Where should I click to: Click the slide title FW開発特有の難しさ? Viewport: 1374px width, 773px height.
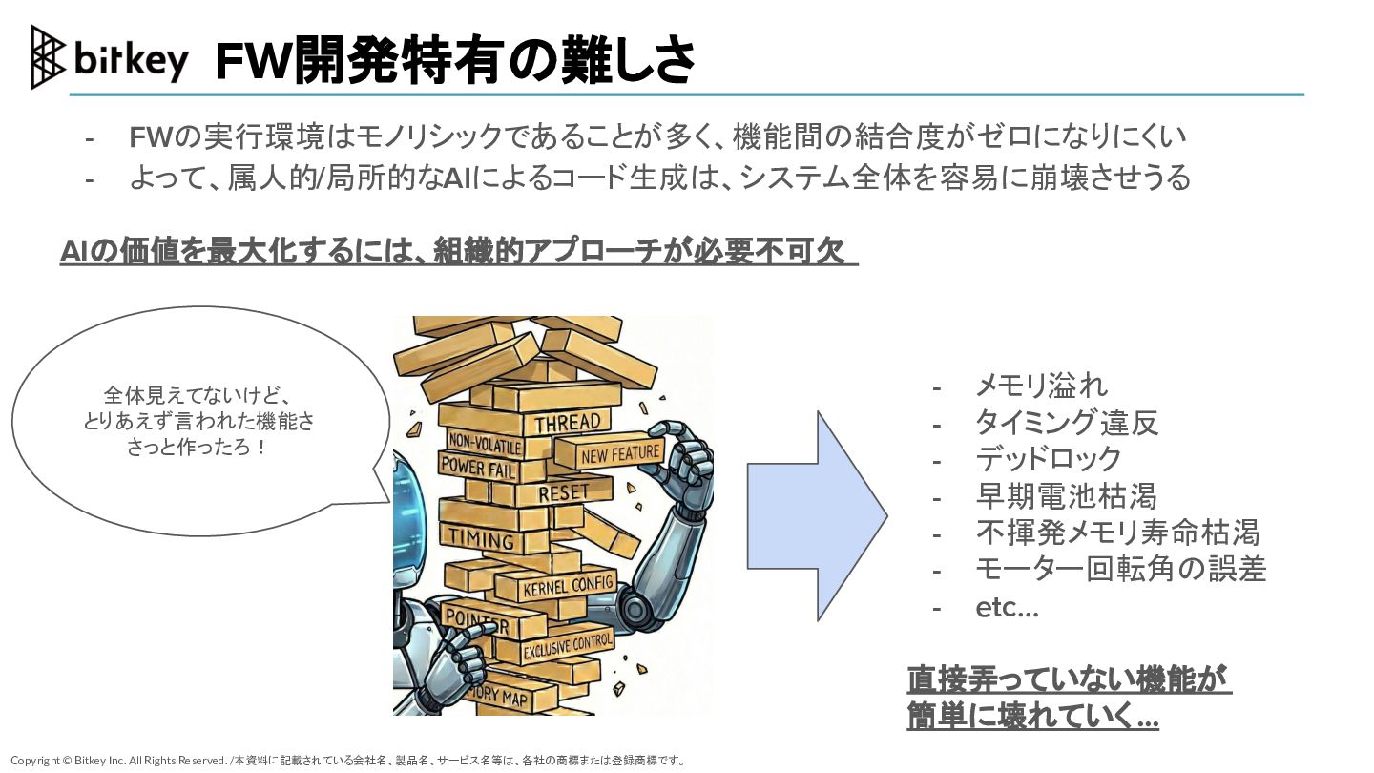click(454, 61)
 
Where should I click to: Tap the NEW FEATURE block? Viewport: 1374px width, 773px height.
click(619, 455)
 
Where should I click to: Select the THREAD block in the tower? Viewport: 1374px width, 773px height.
click(568, 422)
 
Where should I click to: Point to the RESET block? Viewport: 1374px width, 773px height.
click(563, 493)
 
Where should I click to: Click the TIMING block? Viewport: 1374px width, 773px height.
click(482, 539)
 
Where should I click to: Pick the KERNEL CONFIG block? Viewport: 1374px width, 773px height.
click(568, 585)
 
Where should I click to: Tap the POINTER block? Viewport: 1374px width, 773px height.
click(477, 620)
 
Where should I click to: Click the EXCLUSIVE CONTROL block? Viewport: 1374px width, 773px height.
click(567, 646)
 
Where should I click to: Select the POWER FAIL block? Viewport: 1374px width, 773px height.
click(477, 469)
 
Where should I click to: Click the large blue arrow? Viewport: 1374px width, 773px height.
click(817, 516)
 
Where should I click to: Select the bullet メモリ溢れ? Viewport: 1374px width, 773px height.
click(1041, 386)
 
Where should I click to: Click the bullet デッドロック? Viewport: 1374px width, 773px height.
click(1048, 459)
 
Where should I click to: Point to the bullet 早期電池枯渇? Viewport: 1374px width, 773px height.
click(1066, 496)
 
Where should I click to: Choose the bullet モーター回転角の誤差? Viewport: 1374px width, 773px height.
click(1120, 570)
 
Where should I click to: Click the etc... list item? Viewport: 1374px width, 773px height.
click(1007, 607)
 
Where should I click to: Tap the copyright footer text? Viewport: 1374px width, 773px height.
click(348, 761)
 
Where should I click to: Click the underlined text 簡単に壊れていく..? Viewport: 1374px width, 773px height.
click(1032, 717)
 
